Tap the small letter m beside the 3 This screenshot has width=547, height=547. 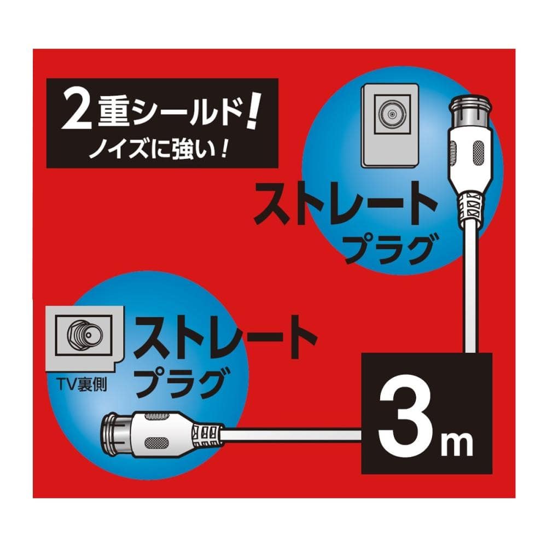pyautogui.click(x=457, y=442)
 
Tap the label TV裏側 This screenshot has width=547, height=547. pyautogui.click(x=83, y=385)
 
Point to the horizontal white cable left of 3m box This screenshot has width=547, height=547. pyautogui.click(x=291, y=435)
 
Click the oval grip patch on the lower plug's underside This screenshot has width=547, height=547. pyautogui.click(x=158, y=443)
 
